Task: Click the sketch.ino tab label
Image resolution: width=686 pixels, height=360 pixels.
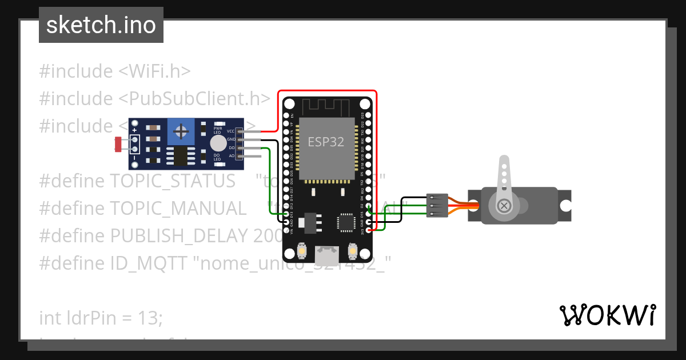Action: tap(101, 25)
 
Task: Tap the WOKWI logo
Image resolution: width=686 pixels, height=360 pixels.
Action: tap(607, 315)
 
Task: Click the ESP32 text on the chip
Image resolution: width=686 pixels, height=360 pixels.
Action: tap(326, 142)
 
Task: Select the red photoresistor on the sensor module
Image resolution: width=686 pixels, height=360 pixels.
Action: tap(118, 144)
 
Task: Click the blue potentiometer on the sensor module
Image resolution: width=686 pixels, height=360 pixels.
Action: tap(181, 133)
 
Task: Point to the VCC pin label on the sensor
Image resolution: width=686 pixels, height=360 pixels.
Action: tap(231, 131)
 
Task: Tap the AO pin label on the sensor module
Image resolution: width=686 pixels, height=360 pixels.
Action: tap(232, 155)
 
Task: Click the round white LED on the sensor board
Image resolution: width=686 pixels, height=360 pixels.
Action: tap(217, 143)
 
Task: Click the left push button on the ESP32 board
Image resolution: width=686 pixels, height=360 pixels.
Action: tap(302, 251)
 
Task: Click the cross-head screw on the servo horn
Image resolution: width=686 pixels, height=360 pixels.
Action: tap(504, 205)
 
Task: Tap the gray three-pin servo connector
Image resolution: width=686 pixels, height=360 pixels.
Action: tap(437, 206)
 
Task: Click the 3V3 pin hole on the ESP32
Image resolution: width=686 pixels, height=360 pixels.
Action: tap(369, 230)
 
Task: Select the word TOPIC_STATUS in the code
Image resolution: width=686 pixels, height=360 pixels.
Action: tap(172, 181)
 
